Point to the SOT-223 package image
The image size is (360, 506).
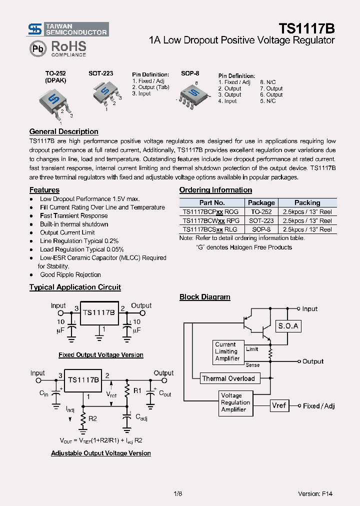pos(105,92)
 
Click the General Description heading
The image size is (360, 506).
pos(63,131)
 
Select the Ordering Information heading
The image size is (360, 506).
pos(215,190)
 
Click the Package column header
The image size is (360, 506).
pos(261,202)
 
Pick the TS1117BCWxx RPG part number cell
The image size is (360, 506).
pos(211,220)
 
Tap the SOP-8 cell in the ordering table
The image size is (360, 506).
pos(261,229)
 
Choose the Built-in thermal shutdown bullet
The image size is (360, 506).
pos(74,224)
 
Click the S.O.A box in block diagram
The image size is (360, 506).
pos(288,326)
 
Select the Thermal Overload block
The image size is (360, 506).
pos(228,378)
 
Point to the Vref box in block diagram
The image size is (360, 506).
pos(279,405)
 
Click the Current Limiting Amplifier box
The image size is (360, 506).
pos(227,351)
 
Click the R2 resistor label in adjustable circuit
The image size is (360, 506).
pos(92,418)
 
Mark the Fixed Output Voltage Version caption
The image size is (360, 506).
pos(100,355)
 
